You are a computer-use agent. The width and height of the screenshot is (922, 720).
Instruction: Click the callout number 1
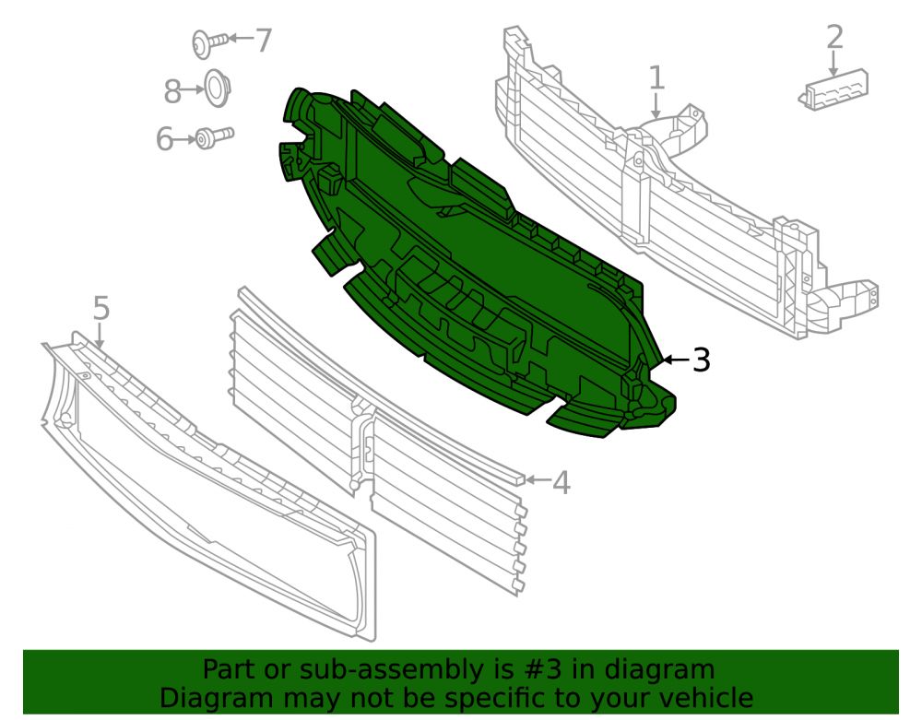[x=656, y=77]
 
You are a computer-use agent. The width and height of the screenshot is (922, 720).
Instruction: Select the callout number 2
[x=834, y=37]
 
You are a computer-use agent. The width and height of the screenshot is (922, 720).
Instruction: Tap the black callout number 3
[x=701, y=360]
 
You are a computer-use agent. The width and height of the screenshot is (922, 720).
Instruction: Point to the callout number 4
[x=561, y=482]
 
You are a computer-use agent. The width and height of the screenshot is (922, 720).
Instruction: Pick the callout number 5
[x=101, y=308]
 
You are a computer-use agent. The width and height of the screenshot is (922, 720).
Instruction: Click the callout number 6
[x=165, y=139]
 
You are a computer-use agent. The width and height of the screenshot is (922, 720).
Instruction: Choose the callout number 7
[x=263, y=40]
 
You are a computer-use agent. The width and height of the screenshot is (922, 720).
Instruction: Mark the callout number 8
[x=172, y=91]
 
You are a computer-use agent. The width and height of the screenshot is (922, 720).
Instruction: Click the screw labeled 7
[x=209, y=43]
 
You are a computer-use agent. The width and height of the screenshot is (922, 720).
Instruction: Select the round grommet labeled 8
[x=217, y=89]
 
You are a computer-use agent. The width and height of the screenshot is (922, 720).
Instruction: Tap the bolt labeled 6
[x=214, y=137]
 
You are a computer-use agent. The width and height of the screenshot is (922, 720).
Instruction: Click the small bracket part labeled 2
[x=833, y=90]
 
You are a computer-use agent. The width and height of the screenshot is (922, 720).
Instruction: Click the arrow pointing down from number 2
[x=833, y=64]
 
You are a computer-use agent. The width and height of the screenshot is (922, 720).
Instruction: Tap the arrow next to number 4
[x=538, y=480]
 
